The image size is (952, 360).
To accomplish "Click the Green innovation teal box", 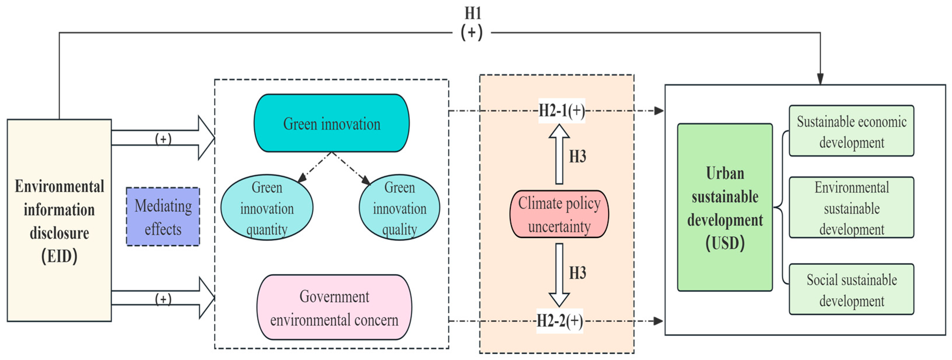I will click(x=332, y=123).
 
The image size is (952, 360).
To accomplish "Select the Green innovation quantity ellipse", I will click(x=267, y=208).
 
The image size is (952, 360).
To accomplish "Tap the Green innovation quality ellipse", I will click(x=399, y=208).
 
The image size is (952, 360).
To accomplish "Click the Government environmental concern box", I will click(x=334, y=308).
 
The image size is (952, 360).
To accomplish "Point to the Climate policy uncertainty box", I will click(x=559, y=214).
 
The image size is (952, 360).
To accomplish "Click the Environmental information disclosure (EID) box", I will click(x=59, y=220).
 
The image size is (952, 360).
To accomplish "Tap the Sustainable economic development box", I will click(x=851, y=131).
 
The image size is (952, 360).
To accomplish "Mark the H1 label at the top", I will click(x=472, y=14).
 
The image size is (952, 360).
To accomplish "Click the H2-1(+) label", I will click(x=561, y=111).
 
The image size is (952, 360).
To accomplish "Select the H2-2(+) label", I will click(x=560, y=321).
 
